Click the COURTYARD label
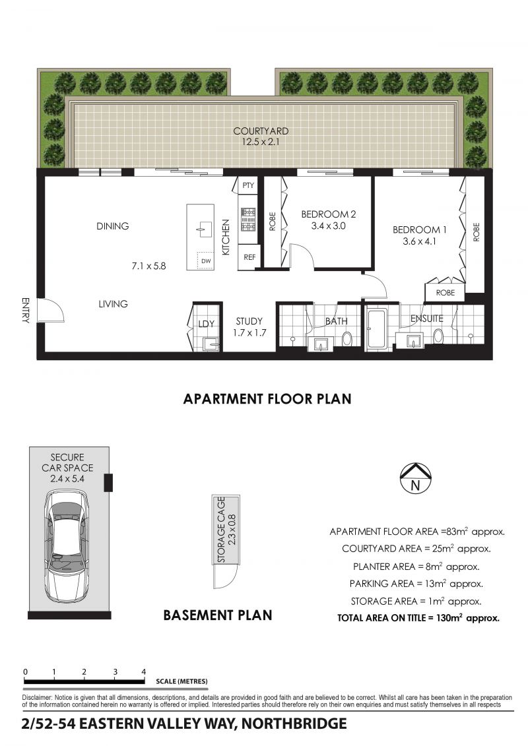point(261,131)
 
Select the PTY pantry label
point(248,185)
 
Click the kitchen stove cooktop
point(247,220)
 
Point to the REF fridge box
point(249,257)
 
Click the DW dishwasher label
point(206,261)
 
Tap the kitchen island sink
point(205,230)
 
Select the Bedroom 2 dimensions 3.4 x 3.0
point(329,226)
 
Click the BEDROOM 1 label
point(420,230)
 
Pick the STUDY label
point(249,321)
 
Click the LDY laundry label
point(206,324)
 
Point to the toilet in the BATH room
point(346,339)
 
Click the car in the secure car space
point(67,548)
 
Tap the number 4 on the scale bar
point(144,671)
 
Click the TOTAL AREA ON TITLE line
point(418,618)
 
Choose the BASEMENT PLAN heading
point(218,615)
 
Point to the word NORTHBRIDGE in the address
point(294,724)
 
